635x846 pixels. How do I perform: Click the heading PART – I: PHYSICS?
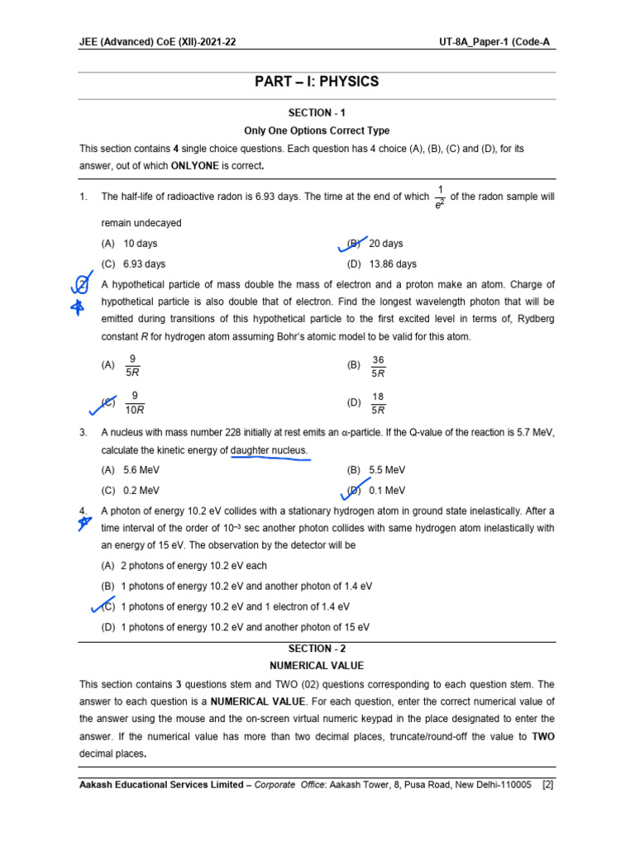317,81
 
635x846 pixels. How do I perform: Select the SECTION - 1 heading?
317,112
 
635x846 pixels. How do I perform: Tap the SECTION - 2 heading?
317,649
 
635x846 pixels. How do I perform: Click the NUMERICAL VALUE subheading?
317,665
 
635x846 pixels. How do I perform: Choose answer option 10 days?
140,244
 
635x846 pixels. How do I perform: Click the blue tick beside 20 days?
353,243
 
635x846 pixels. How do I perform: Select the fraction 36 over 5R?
379,366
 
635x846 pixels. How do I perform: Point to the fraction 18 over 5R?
379,403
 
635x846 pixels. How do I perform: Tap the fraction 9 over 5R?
133,365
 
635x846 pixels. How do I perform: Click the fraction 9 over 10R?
135,402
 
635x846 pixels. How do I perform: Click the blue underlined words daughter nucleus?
269,450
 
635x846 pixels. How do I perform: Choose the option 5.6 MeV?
141,470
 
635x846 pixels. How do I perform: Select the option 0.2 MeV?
141,490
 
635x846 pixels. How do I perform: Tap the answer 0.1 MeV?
386,490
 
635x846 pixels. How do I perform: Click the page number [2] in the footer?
547,784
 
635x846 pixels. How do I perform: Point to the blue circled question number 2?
81,285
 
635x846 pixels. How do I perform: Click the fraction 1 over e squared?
440,197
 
